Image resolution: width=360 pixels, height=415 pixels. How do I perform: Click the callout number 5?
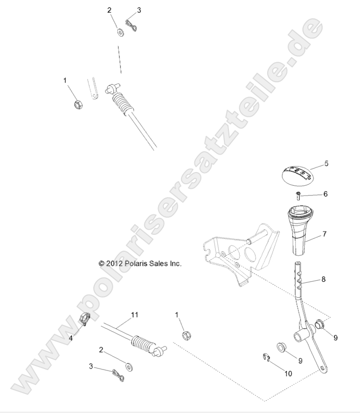pos(326,164)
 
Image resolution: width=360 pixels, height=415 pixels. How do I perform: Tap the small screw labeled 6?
pos(297,194)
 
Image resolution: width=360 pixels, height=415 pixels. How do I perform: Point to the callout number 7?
pos(325,234)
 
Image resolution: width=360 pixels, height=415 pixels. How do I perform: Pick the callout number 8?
pos(323,280)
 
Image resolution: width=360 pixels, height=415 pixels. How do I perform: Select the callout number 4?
pos(71,337)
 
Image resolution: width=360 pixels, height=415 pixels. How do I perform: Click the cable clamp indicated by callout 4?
pos(85,321)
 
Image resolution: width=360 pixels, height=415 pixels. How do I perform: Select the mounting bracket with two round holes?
pos(240,255)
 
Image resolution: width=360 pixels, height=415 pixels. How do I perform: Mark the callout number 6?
pos(325,194)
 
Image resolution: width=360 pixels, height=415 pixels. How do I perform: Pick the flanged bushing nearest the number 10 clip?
pos(281,348)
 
